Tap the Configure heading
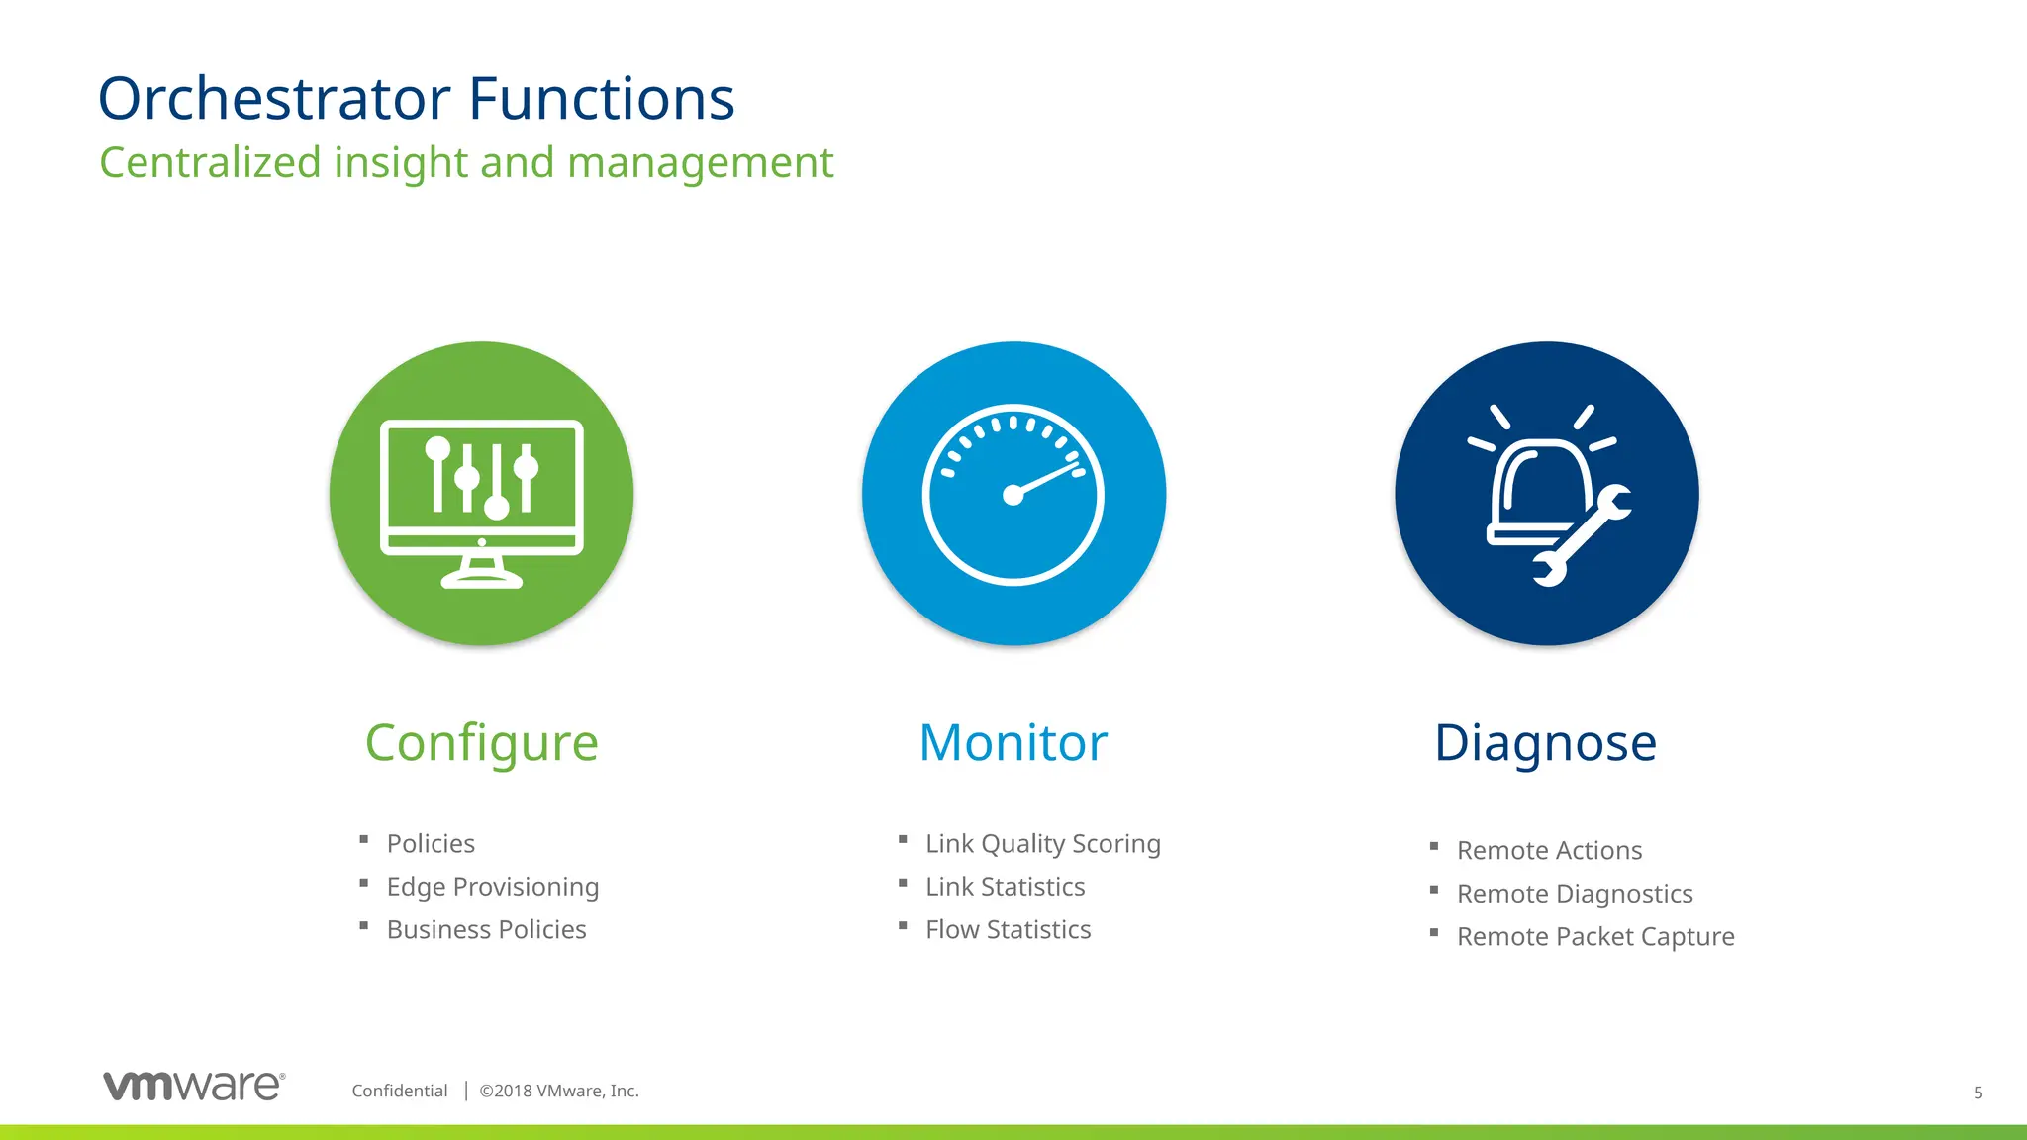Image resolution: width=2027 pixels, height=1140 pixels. (x=481, y=742)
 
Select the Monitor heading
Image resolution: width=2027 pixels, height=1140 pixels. (x=1013, y=742)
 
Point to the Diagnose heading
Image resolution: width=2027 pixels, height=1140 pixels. (x=1545, y=742)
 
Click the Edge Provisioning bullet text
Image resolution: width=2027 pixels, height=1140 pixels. (x=492, y=887)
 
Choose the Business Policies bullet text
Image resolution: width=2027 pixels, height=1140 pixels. (x=486, y=930)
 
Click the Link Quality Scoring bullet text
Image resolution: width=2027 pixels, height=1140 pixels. (x=1042, y=844)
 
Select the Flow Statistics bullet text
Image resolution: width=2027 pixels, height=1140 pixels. (x=1008, y=930)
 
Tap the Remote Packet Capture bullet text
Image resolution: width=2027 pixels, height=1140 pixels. (x=1595, y=937)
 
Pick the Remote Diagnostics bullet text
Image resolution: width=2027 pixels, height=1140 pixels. (x=1575, y=894)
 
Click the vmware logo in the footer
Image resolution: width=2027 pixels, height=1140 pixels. (x=194, y=1086)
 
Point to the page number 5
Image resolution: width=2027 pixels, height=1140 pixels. (x=1978, y=1093)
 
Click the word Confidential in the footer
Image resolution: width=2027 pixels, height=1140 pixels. (x=400, y=1091)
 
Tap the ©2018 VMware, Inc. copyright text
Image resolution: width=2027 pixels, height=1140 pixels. (x=559, y=1091)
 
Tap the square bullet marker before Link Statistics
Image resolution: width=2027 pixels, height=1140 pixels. (x=903, y=883)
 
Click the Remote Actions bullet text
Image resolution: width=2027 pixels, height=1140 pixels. (x=1549, y=851)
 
